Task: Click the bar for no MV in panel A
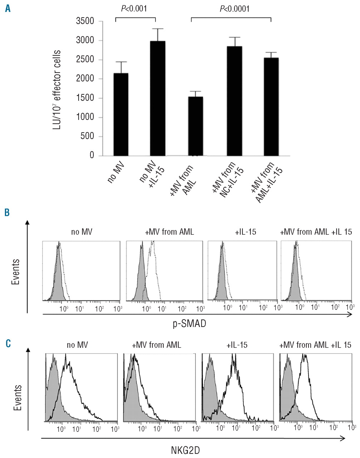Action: [x=120, y=114]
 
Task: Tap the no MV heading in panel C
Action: [x=77, y=346]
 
